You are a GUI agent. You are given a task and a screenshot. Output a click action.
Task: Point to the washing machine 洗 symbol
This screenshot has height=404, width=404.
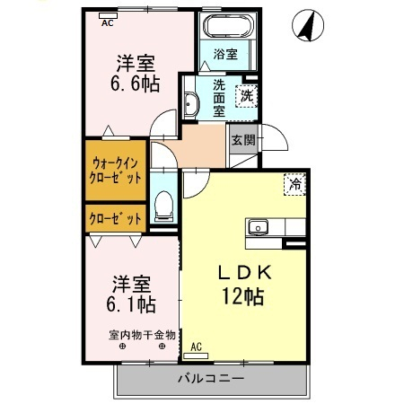pyautogui.click(x=245, y=92)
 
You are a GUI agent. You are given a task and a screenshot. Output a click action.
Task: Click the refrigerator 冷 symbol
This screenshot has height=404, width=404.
pyautogui.click(x=294, y=185)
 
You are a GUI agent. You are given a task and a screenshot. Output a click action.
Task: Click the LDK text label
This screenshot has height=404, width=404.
pyautogui.click(x=239, y=273)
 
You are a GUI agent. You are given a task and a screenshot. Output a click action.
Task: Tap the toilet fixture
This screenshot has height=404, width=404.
pyautogui.click(x=163, y=206)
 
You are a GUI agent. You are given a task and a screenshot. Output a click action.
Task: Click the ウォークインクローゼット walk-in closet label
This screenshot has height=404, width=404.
pyautogui.click(x=117, y=171)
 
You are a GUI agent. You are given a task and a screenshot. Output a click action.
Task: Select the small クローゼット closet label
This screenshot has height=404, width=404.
pyautogui.click(x=117, y=218)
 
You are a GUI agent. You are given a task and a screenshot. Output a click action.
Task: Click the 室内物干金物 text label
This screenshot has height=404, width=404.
pyautogui.click(x=142, y=336)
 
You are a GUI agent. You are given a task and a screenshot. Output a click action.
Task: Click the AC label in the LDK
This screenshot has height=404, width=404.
pyautogui.click(x=197, y=346)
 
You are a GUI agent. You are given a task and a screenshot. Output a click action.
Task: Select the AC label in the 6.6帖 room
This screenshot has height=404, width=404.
pyautogui.click(x=107, y=23)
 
